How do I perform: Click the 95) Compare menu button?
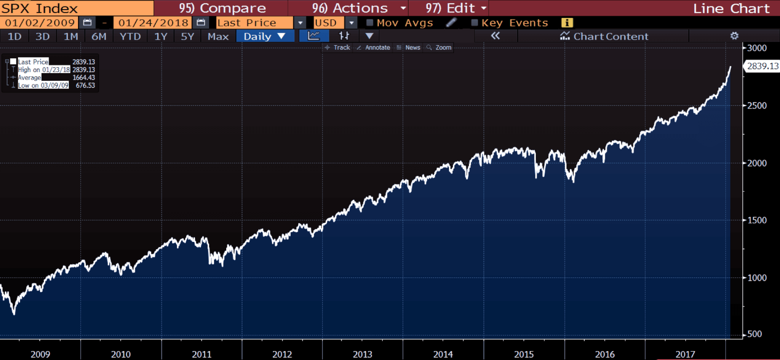click(x=222, y=8)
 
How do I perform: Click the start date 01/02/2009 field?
click(x=40, y=23)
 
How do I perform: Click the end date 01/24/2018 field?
click(x=153, y=23)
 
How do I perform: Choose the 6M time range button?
click(x=99, y=37)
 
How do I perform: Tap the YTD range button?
click(x=130, y=37)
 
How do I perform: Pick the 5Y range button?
click(x=187, y=37)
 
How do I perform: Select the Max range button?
click(x=218, y=37)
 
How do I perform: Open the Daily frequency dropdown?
click(x=264, y=37)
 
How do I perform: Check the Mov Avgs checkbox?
click(x=369, y=23)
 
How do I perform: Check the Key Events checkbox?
click(x=475, y=23)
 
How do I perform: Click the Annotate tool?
click(x=374, y=48)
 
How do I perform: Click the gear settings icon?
click(x=734, y=36)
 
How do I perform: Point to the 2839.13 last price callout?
click(x=762, y=66)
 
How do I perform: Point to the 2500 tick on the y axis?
click(x=756, y=106)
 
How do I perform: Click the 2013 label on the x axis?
click(x=362, y=354)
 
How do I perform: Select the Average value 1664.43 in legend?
click(x=83, y=78)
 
